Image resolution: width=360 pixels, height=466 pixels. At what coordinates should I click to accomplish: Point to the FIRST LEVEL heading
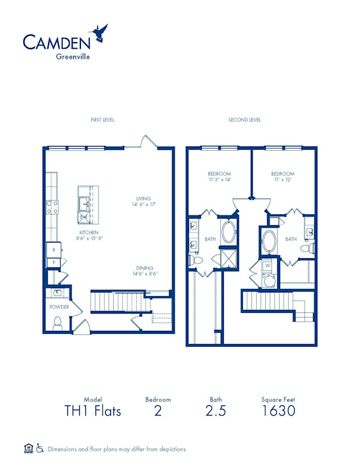[102, 120]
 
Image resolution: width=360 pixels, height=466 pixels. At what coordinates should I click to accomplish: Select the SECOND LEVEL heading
[244, 120]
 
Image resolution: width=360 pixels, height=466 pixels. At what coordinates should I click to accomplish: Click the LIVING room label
[143, 199]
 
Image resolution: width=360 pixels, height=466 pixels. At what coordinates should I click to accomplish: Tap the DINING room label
[143, 268]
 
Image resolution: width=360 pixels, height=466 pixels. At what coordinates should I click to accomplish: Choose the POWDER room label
[59, 307]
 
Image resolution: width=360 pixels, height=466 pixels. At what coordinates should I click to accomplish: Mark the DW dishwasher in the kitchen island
[85, 217]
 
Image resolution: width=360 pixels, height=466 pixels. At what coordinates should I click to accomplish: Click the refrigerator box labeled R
[53, 249]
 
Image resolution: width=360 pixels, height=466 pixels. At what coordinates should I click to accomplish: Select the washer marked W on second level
[268, 265]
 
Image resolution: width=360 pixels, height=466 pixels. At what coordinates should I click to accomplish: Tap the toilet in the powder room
[58, 324]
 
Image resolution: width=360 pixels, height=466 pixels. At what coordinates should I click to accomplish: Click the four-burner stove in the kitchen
[52, 207]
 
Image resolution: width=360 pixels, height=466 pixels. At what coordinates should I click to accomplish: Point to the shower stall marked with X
[229, 259]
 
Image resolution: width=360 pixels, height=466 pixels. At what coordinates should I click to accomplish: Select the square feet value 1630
[278, 411]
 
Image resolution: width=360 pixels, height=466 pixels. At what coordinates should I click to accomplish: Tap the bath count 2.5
[215, 411]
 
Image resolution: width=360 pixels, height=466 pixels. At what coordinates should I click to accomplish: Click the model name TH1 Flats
[92, 411]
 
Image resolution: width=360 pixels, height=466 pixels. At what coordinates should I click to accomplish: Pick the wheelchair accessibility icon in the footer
[40, 448]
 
